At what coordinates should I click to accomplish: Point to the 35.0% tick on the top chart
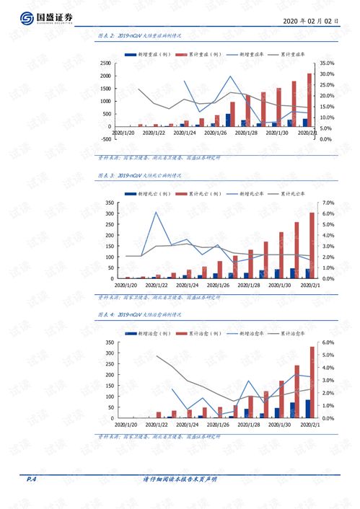326,64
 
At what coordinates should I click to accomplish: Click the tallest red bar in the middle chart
312,245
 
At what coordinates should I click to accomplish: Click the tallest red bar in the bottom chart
312,382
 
